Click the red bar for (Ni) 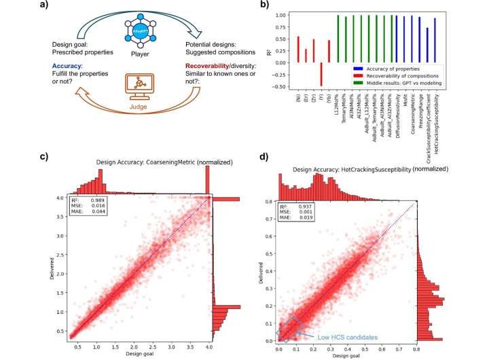[297, 50]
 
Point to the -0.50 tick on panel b [279, 86]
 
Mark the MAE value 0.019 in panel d [305, 217]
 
